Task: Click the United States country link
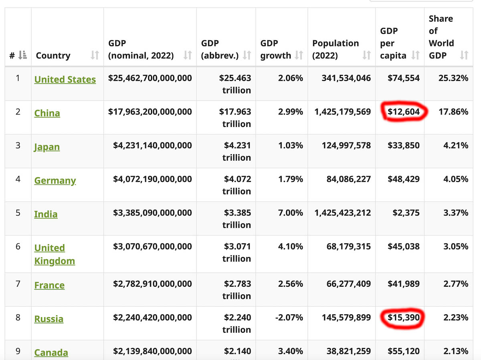click(x=65, y=79)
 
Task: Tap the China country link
click(x=47, y=113)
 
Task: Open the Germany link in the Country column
click(x=55, y=181)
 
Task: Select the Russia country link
click(x=49, y=319)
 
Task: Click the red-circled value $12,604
click(x=403, y=112)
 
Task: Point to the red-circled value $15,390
click(x=403, y=317)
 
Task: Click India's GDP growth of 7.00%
click(x=290, y=213)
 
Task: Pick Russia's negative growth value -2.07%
click(x=289, y=317)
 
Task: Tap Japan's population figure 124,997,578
click(x=346, y=145)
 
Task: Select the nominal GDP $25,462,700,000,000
click(x=150, y=78)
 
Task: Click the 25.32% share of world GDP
click(x=453, y=78)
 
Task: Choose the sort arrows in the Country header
click(x=95, y=55)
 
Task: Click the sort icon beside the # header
click(x=22, y=55)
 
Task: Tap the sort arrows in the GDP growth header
click(x=299, y=55)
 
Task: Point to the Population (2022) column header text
click(x=335, y=49)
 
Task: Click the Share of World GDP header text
click(x=441, y=37)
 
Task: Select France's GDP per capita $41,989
click(x=403, y=284)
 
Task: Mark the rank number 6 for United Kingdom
click(x=18, y=246)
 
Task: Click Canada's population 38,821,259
click(x=349, y=351)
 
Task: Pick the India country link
click(x=46, y=214)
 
